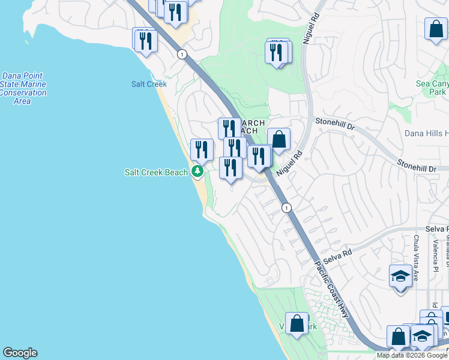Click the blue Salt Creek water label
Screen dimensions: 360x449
pos(149,84)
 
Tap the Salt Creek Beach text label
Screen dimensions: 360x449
pos(156,172)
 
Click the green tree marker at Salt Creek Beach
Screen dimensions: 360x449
pos(197,172)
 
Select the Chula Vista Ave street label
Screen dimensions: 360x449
pos(415,258)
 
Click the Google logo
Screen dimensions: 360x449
pos(20,353)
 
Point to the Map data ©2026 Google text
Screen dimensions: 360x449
pos(412,355)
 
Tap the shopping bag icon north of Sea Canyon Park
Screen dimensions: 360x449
pos(436,28)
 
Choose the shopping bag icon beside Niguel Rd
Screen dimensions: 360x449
pos(279,139)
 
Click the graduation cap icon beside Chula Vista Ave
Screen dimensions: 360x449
pos(400,275)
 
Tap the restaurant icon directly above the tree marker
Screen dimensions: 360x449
pos(202,149)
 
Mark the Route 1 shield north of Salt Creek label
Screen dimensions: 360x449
pos(181,55)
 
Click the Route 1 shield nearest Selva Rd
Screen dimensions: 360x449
pos(287,208)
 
